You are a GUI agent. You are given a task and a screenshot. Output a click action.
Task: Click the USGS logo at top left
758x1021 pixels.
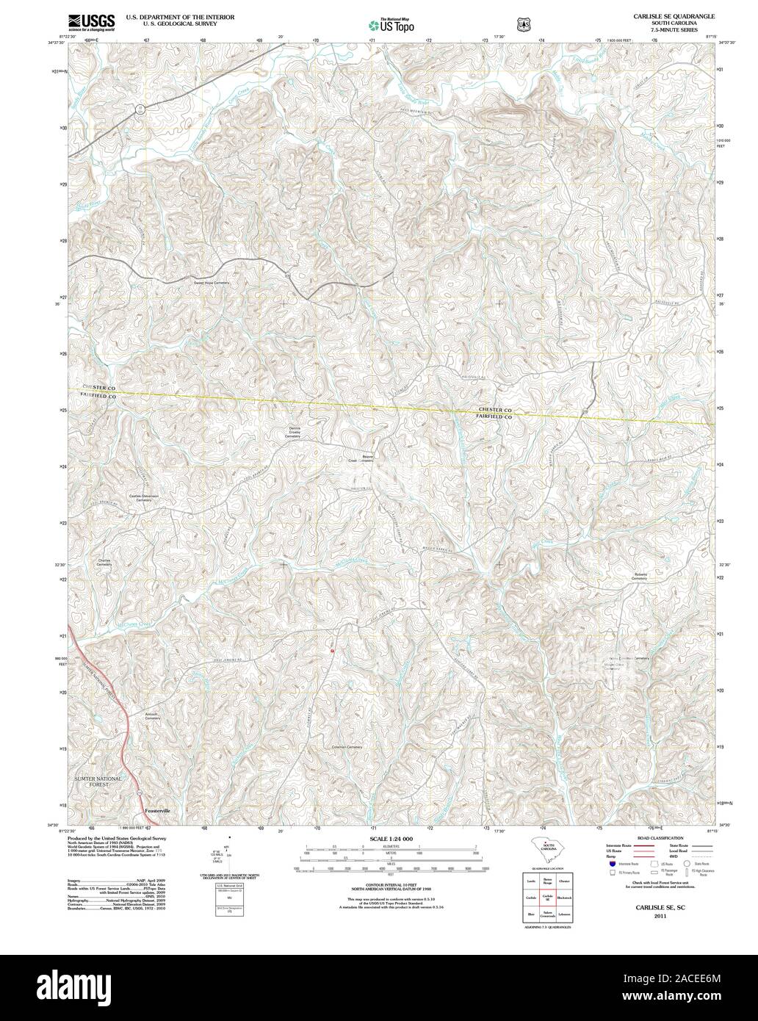[x=91, y=23]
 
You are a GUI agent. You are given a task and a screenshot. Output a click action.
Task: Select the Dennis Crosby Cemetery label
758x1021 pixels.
[x=299, y=433]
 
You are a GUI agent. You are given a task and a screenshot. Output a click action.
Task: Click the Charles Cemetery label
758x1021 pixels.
[x=104, y=562]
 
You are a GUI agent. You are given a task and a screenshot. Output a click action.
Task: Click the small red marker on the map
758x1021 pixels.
[x=332, y=650]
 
